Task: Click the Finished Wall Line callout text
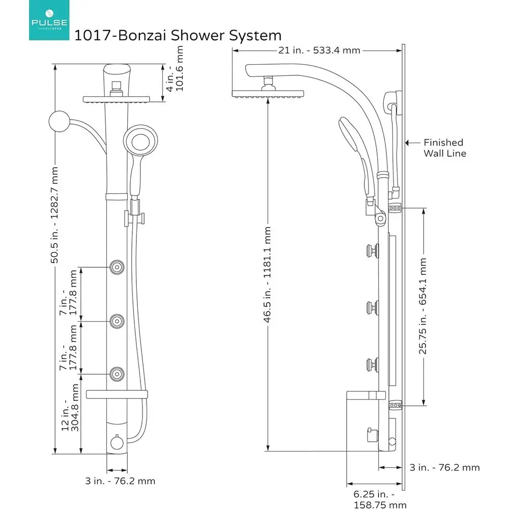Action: tap(444, 148)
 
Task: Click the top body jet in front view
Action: tap(118, 266)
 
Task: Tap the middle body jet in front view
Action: tap(118, 321)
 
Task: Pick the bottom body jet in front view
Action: tap(118, 374)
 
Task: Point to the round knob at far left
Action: tap(59, 122)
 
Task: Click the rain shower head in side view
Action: tap(268, 94)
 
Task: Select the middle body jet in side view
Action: tap(371, 306)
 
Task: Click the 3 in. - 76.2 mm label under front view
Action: tap(120, 480)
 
